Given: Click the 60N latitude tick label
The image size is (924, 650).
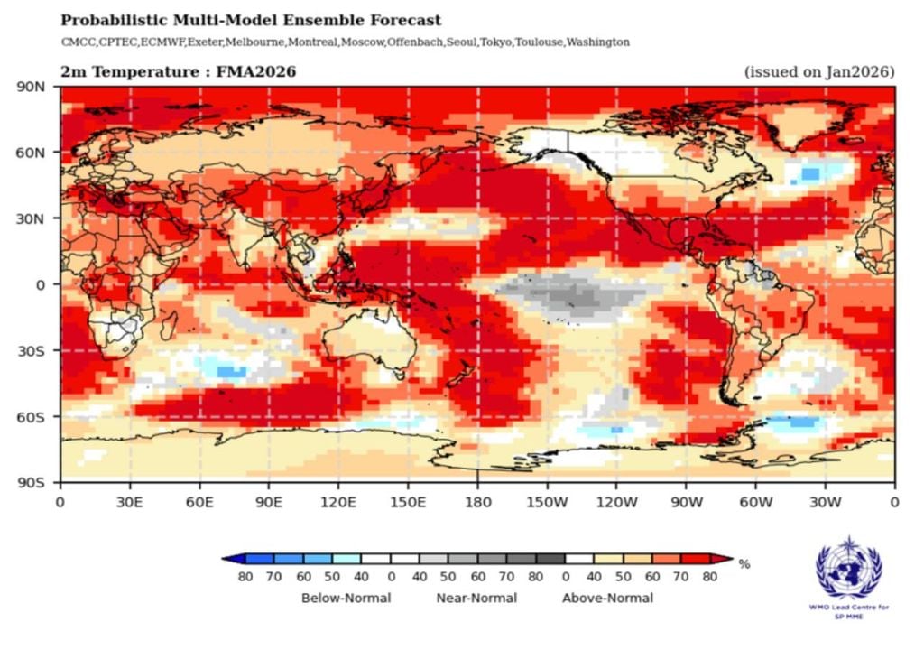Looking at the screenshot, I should coord(32,153).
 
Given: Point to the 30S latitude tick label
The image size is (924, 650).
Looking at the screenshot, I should coord(32,350).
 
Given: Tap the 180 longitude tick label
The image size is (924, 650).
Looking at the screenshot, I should coord(477,503).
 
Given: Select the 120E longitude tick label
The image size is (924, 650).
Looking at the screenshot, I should coord(338,503).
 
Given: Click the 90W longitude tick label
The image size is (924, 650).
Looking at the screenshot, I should coord(686,503).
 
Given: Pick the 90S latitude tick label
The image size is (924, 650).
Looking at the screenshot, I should coord(32,482).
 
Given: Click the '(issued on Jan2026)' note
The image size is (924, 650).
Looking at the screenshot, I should coord(818,71).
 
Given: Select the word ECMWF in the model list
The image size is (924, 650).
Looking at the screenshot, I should coord(163,42).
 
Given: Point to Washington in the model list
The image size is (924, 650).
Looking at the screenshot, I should coord(598,42).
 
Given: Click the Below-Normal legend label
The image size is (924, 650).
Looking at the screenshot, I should coord(346,598).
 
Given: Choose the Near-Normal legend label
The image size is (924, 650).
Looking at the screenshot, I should coord(476,598).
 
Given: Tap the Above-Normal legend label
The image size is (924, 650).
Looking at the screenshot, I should coord(607,598).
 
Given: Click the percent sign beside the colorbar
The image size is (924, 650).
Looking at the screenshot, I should coord(744,564).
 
